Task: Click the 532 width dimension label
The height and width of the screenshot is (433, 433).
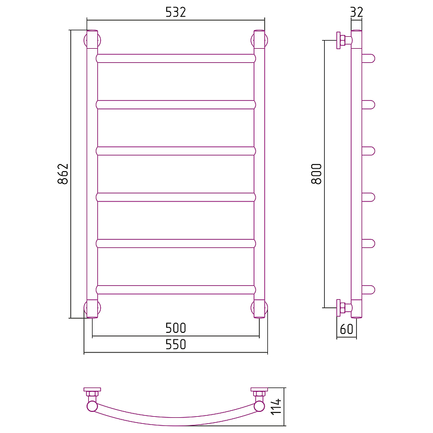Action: pos(175,12)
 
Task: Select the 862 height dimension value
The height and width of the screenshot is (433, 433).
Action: pos(63,174)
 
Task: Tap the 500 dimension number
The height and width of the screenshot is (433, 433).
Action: pos(175,328)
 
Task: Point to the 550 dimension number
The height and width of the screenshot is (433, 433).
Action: pos(175,344)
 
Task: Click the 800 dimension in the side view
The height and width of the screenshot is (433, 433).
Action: pos(317,174)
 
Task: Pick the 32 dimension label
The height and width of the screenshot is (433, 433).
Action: pos(357,12)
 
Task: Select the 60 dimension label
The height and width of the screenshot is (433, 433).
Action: pos(346,329)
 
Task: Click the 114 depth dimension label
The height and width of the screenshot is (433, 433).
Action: pos(276,406)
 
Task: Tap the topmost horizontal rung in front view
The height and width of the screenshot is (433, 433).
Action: pos(176,58)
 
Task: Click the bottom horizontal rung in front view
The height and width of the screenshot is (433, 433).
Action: pos(176,290)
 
